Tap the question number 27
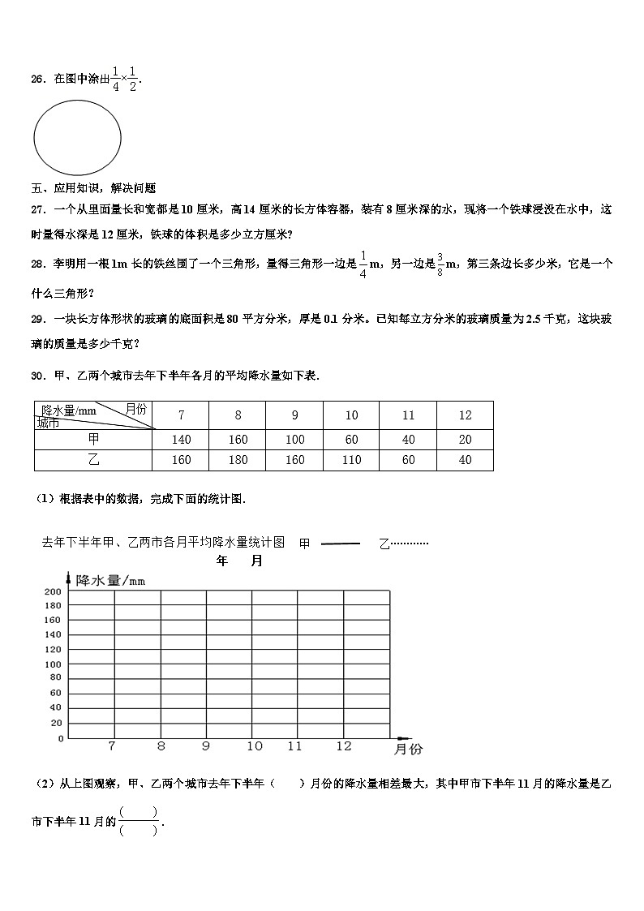pyautogui.click(x=37, y=209)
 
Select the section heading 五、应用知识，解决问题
pyautogui.click(x=93, y=188)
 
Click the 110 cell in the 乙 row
pyautogui.click(x=351, y=461)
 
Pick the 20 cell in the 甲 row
pyautogui.click(x=465, y=440)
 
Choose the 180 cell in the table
pyautogui.click(x=238, y=461)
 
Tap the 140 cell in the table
pyautogui.click(x=181, y=440)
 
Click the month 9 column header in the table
pyautogui.click(x=294, y=415)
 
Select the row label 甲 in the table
pyautogui.click(x=92, y=440)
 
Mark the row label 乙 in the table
pyautogui.click(x=92, y=461)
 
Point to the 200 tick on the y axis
pyautogui.click(x=53, y=591)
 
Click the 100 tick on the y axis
pyautogui.click(x=53, y=664)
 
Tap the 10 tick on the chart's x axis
pyautogui.click(x=255, y=746)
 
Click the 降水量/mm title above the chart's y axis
pyautogui.click(x=110, y=580)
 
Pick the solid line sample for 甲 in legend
pyautogui.click(x=340, y=544)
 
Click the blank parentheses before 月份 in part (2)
pyautogui.click(x=287, y=784)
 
